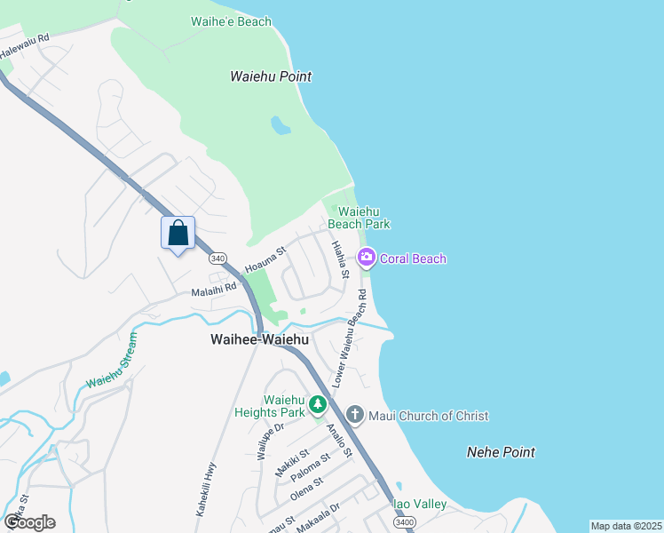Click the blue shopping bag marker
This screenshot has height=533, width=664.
coord(178,233)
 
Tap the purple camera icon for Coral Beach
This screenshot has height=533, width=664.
coord(365,258)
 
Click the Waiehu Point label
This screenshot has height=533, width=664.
coord(271,76)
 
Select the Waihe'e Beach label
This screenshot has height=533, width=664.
coord(231,21)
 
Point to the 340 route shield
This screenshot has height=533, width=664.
coord(217,259)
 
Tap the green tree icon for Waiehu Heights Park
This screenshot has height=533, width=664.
coord(318,406)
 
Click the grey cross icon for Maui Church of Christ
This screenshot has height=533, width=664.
coord(354,415)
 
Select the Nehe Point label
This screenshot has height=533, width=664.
coord(501,452)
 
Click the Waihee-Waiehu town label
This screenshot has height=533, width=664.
coord(259,339)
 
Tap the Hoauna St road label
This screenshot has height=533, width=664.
coord(265,259)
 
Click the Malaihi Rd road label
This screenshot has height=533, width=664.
coord(214,289)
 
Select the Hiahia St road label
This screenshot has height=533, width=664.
coord(339,259)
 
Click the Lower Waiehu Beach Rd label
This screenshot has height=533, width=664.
coord(350,337)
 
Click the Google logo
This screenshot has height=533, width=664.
coord(29,522)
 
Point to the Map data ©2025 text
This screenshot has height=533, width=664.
coord(626,526)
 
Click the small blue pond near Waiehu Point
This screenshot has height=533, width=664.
coord(281,125)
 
